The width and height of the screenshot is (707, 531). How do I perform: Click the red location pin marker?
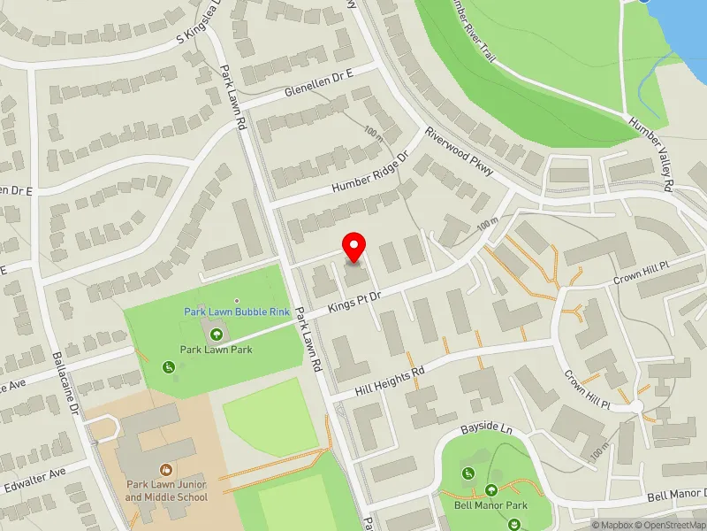pyautogui.click(x=354, y=245)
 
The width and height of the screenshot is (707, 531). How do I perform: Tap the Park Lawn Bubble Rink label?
pyautogui.click(x=237, y=312)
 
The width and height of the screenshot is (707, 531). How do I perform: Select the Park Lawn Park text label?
pyautogui.click(x=217, y=350)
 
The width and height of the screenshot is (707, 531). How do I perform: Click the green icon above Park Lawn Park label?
pyautogui.click(x=217, y=334)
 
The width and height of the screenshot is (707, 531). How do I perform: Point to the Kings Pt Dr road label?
pyautogui.click(x=353, y=301)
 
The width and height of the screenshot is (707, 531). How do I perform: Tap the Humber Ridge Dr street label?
pyautogui.click(x=372, y=173)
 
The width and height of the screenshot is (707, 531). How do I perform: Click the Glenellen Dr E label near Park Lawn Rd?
pyautogui.click(x=318, y=92)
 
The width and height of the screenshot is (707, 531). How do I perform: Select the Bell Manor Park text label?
pyautogui.click(x=491, y=504)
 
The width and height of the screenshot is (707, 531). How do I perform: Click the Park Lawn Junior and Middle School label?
pyautogui.click(x=166, y=491)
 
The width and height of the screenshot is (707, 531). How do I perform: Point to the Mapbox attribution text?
pyautogui.click(x=616, y=525)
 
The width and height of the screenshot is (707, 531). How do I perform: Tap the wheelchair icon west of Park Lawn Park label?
pyautogui.click(x=167, y=366)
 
